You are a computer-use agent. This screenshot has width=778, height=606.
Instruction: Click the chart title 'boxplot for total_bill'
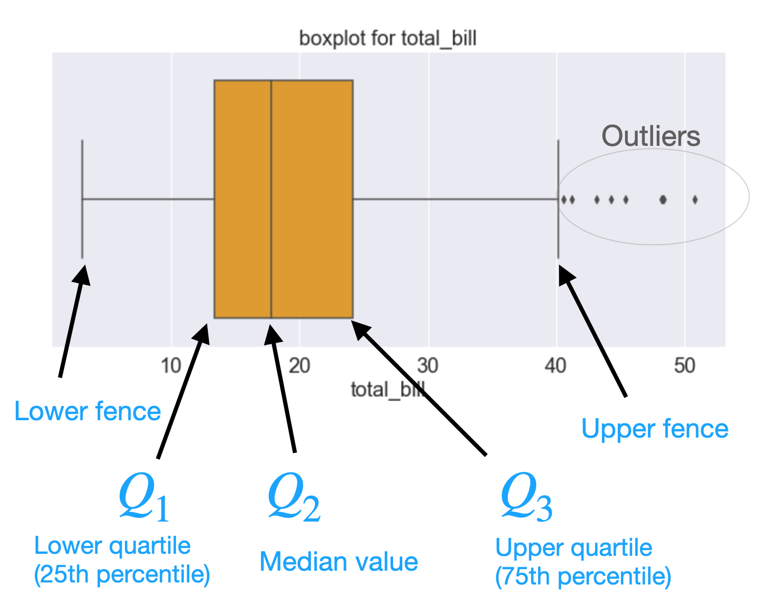click(387, 38)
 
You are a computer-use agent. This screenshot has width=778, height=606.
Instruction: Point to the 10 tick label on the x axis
click(171, 365)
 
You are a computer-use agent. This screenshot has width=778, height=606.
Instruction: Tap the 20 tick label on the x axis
click(299, 365)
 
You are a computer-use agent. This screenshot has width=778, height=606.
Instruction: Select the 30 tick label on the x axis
click(428, 365)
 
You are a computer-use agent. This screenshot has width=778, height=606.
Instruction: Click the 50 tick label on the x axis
click(684, 365)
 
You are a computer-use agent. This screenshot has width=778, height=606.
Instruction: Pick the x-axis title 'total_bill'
click(387, 390)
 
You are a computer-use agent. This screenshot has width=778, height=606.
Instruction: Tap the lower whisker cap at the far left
click(82, 199)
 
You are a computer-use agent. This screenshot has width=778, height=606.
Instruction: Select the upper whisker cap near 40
click(558, 199)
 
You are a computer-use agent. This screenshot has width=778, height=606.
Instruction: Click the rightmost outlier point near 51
click(695, 200)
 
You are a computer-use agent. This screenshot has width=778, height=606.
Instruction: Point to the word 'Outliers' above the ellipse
click(651, 136)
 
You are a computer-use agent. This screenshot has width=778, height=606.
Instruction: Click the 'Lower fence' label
click(88, 412)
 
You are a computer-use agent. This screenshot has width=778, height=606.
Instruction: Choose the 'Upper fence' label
click(655, 429)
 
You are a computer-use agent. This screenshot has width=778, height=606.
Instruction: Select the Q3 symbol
click(526, 497)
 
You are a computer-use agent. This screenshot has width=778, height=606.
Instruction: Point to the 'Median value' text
click(339, 562)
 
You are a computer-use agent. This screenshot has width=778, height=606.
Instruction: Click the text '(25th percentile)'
click(122, 575)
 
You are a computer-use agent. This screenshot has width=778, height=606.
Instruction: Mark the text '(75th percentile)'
click(583, 577)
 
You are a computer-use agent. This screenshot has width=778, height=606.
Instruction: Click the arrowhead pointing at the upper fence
click(566, 274)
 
